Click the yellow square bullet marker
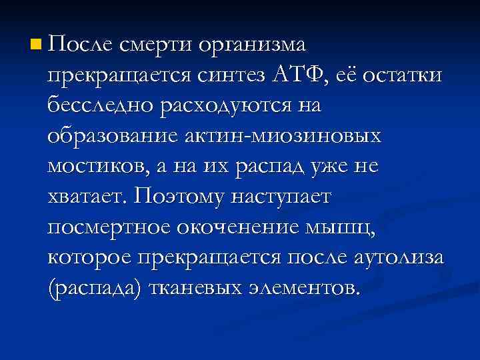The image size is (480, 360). [x=35, y=46]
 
